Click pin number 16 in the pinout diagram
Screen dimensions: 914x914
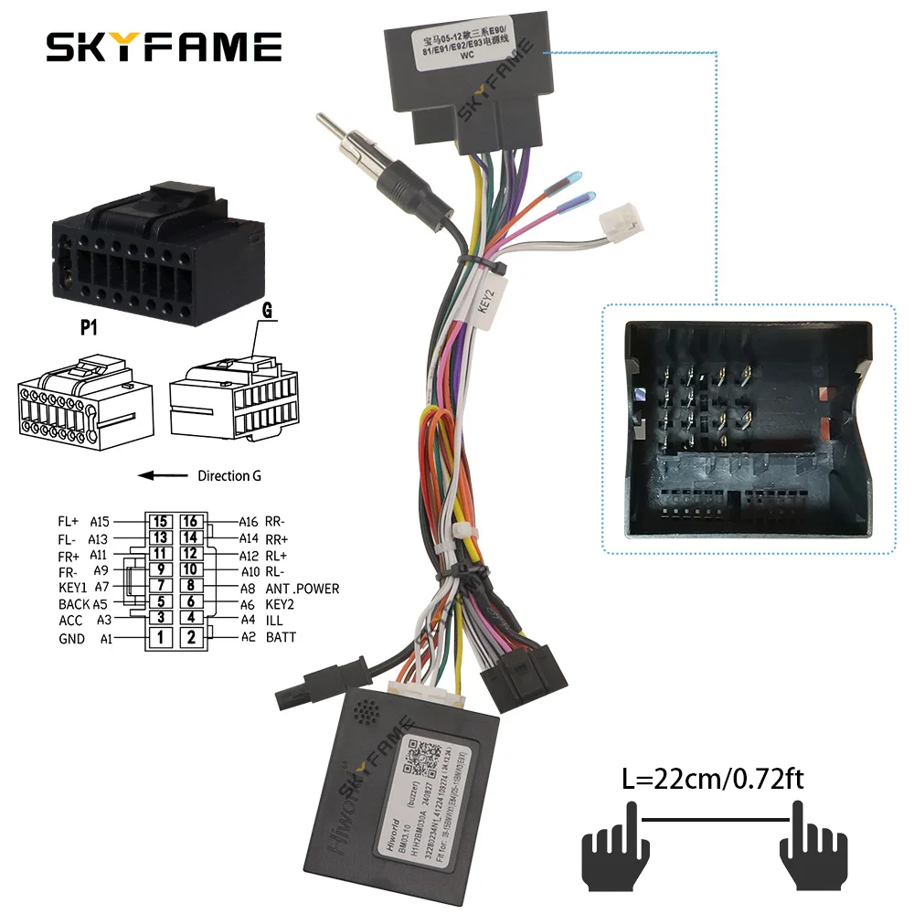190,521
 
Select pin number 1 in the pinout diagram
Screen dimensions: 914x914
160,637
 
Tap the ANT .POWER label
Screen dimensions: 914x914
302,589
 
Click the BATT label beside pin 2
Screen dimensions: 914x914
281,637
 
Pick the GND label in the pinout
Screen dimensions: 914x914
71,638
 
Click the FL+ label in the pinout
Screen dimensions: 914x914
69,521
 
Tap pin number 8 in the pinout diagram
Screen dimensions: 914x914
190,586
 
